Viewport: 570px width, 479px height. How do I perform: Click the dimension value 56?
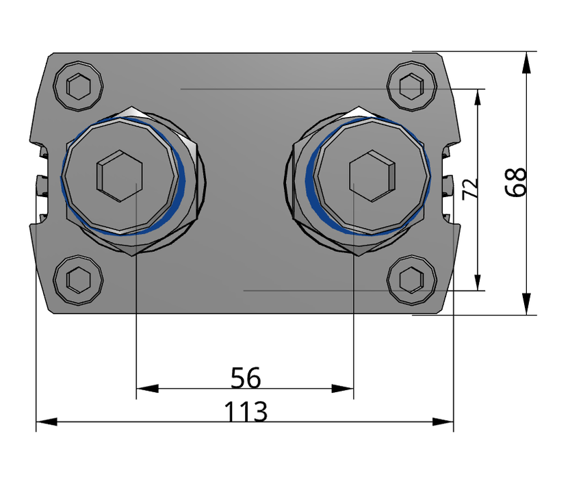[x=246, y=376]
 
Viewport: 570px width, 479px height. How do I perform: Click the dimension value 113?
[x=246, y=412]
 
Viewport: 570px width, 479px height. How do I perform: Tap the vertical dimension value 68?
[x=517, y=182]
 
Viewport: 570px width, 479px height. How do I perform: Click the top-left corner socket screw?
[x=79, y=86]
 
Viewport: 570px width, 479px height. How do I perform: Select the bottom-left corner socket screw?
[x=79, y=279]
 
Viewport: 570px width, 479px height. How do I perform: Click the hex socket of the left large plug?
[x=119, y=177]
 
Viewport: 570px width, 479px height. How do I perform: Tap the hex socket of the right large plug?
[x=372, y=176]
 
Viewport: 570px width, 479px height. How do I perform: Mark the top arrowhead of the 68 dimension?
[x=526, y=62]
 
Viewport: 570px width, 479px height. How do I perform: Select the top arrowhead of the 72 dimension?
[x=477, y=98]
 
